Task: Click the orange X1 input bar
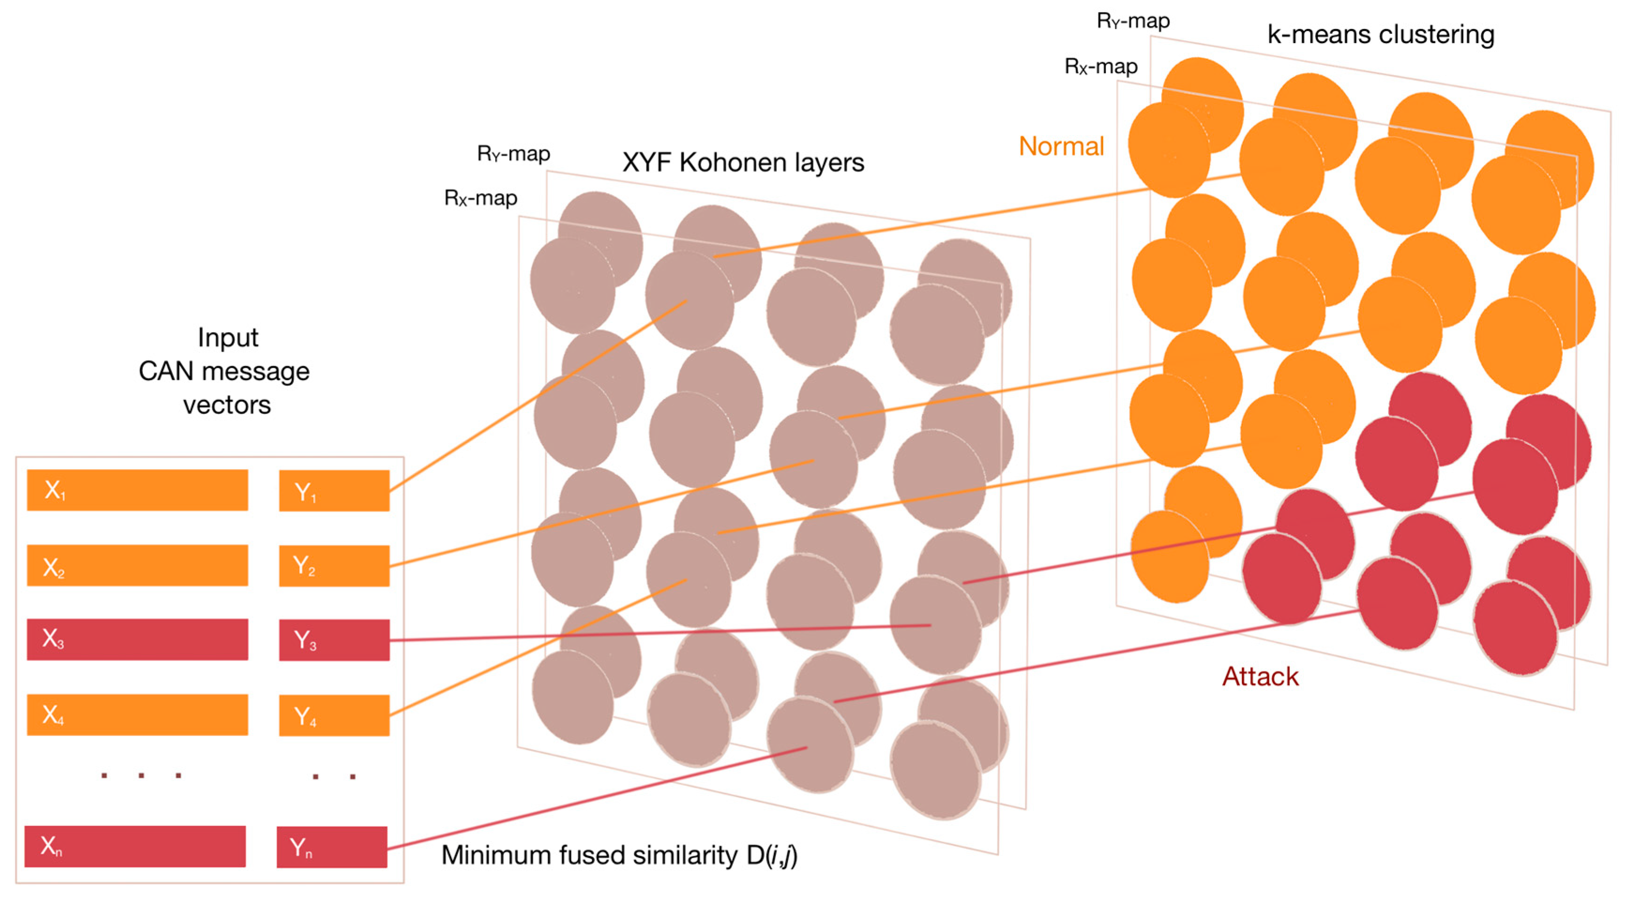point(137,490)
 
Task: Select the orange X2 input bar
point(137,565)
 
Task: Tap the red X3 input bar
point(137,639)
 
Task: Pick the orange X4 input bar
point(137,714)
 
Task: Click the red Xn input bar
point(135,847)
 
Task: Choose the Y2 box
point(334,566)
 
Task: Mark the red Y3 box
point(334,640)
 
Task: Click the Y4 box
point(334,715)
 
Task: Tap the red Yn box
point(332,847)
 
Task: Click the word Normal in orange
point(1061,146)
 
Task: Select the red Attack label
point(1260,677)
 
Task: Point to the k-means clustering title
point(1380,35)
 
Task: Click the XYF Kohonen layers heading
point(743,163)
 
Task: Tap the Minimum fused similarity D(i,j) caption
point(619,855)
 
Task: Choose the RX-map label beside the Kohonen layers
point(481,198)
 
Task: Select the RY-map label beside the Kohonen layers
point(513,154)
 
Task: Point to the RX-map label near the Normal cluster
point(1101,66)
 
